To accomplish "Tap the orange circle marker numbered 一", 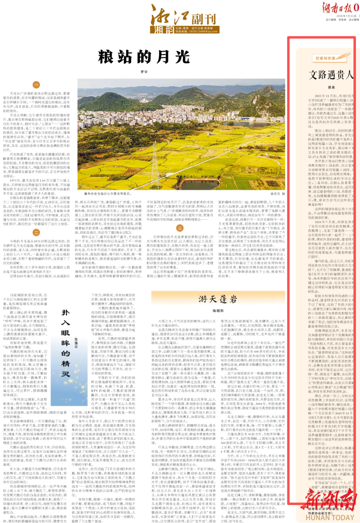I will point(36,85).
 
